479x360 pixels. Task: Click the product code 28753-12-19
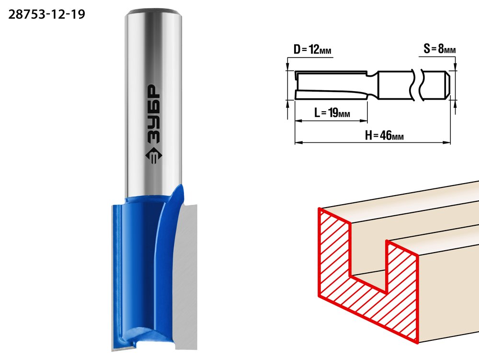(46, 14)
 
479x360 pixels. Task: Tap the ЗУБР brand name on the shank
(153, 114)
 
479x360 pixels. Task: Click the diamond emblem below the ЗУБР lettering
(153, 155)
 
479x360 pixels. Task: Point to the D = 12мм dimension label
(312, 49)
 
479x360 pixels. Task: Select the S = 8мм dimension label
(440, 48)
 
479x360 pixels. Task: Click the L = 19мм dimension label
(332, 113)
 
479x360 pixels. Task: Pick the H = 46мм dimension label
(384, 135)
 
